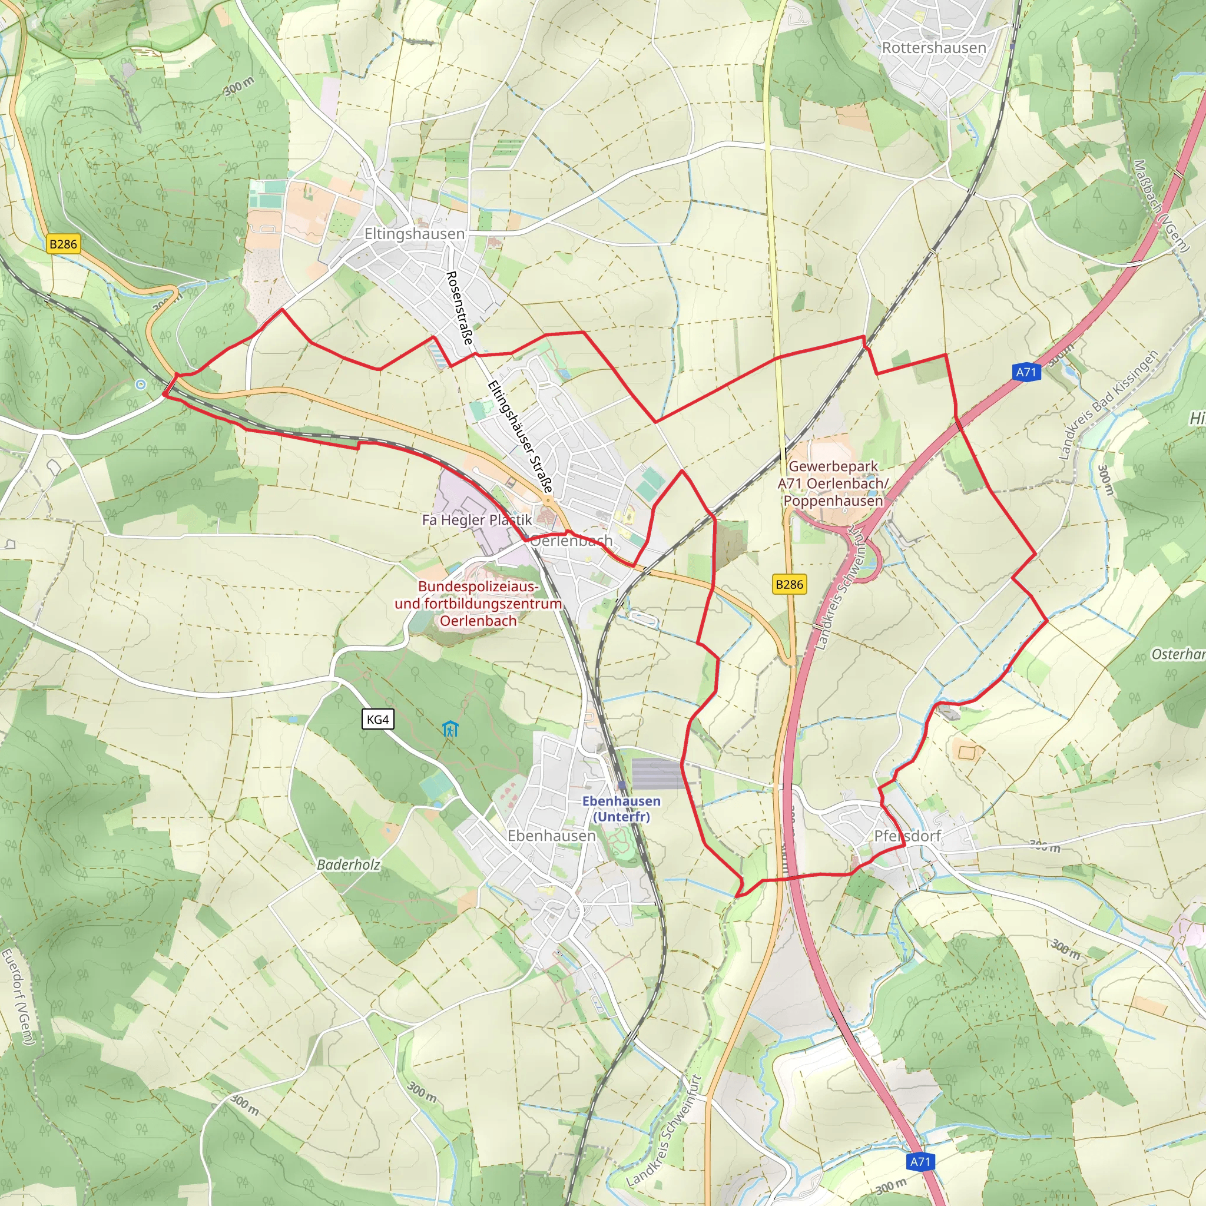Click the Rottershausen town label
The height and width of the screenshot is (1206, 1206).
[x=934, y=48]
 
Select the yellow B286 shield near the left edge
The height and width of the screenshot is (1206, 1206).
[x=64, y=244]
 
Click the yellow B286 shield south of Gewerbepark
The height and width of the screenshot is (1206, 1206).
[x=789, y=584]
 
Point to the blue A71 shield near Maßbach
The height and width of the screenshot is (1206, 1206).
[x=1026, y=373]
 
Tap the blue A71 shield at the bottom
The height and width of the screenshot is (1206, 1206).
[x=920, y=1162]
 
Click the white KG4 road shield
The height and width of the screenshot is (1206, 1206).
[x=377, y=719]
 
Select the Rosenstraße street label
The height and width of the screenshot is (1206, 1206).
[x=459, y=309]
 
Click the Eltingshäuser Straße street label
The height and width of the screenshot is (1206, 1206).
[x=520, y=437]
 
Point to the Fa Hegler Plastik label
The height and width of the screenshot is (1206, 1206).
[x=477, y=520]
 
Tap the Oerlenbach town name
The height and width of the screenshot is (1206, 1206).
[x=571, y=541]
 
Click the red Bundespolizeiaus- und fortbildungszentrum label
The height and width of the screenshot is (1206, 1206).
[x=478, y=604]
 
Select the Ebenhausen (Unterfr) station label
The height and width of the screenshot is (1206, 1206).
[x=621, y=809]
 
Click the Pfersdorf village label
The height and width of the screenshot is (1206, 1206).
[x=907, y=836]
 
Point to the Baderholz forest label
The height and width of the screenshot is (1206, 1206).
[x=349, y=864]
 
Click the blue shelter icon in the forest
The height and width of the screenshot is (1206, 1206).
[x=450, y=728]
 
